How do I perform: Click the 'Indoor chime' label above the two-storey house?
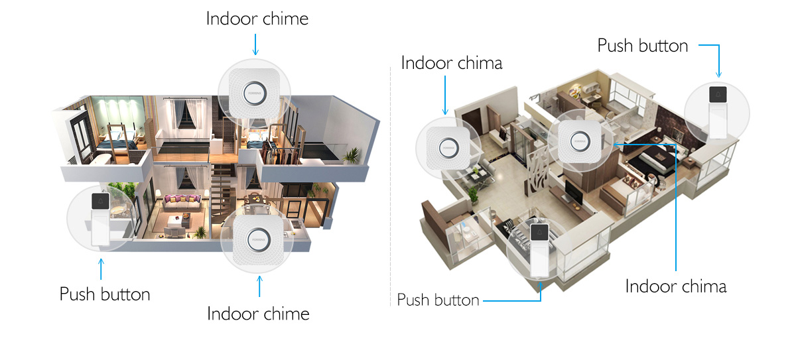tap(257, 19)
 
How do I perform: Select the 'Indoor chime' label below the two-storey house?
tap(258, 314)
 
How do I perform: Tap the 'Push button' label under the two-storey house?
tap(105, 294)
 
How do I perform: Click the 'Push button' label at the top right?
tap(643, 46)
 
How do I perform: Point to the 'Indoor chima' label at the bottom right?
tap(676, 286)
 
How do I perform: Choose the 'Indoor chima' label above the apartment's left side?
tap(452, 63)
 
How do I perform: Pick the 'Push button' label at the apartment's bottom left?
tap(438, 300)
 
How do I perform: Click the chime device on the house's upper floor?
tap(254, 93)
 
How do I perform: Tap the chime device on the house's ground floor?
tap(258, 239)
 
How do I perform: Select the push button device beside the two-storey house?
tap(101, 219)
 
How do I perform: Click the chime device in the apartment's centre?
tap(580, 141)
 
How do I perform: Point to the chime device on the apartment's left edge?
tap(448, 148)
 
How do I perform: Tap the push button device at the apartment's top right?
tap(718, 112)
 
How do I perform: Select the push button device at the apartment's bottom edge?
tap(539, 251)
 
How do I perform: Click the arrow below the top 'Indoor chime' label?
tap(255, 44)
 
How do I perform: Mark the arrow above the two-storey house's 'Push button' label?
tap(101, 269)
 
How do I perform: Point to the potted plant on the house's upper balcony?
tap(352, 156)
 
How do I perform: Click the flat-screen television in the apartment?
tap(574, 192)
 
